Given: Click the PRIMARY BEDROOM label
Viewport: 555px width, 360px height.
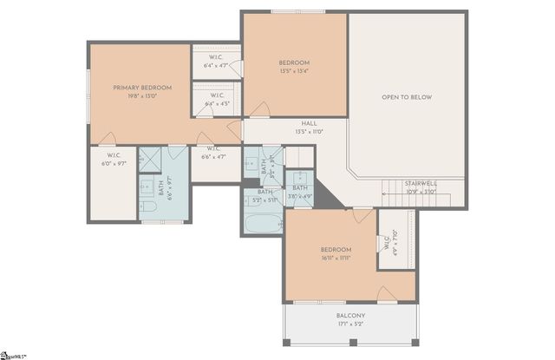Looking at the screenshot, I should [142, 88].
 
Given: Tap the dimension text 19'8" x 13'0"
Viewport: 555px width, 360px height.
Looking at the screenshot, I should [142, 97].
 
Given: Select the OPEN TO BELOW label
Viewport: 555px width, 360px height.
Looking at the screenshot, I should [407, 97].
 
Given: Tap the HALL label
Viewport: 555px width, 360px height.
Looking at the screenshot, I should [309, 123].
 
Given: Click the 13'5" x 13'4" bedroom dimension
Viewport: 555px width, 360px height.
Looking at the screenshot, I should [294, 72].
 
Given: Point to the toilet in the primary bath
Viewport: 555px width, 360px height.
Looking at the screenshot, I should [147, 209].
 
